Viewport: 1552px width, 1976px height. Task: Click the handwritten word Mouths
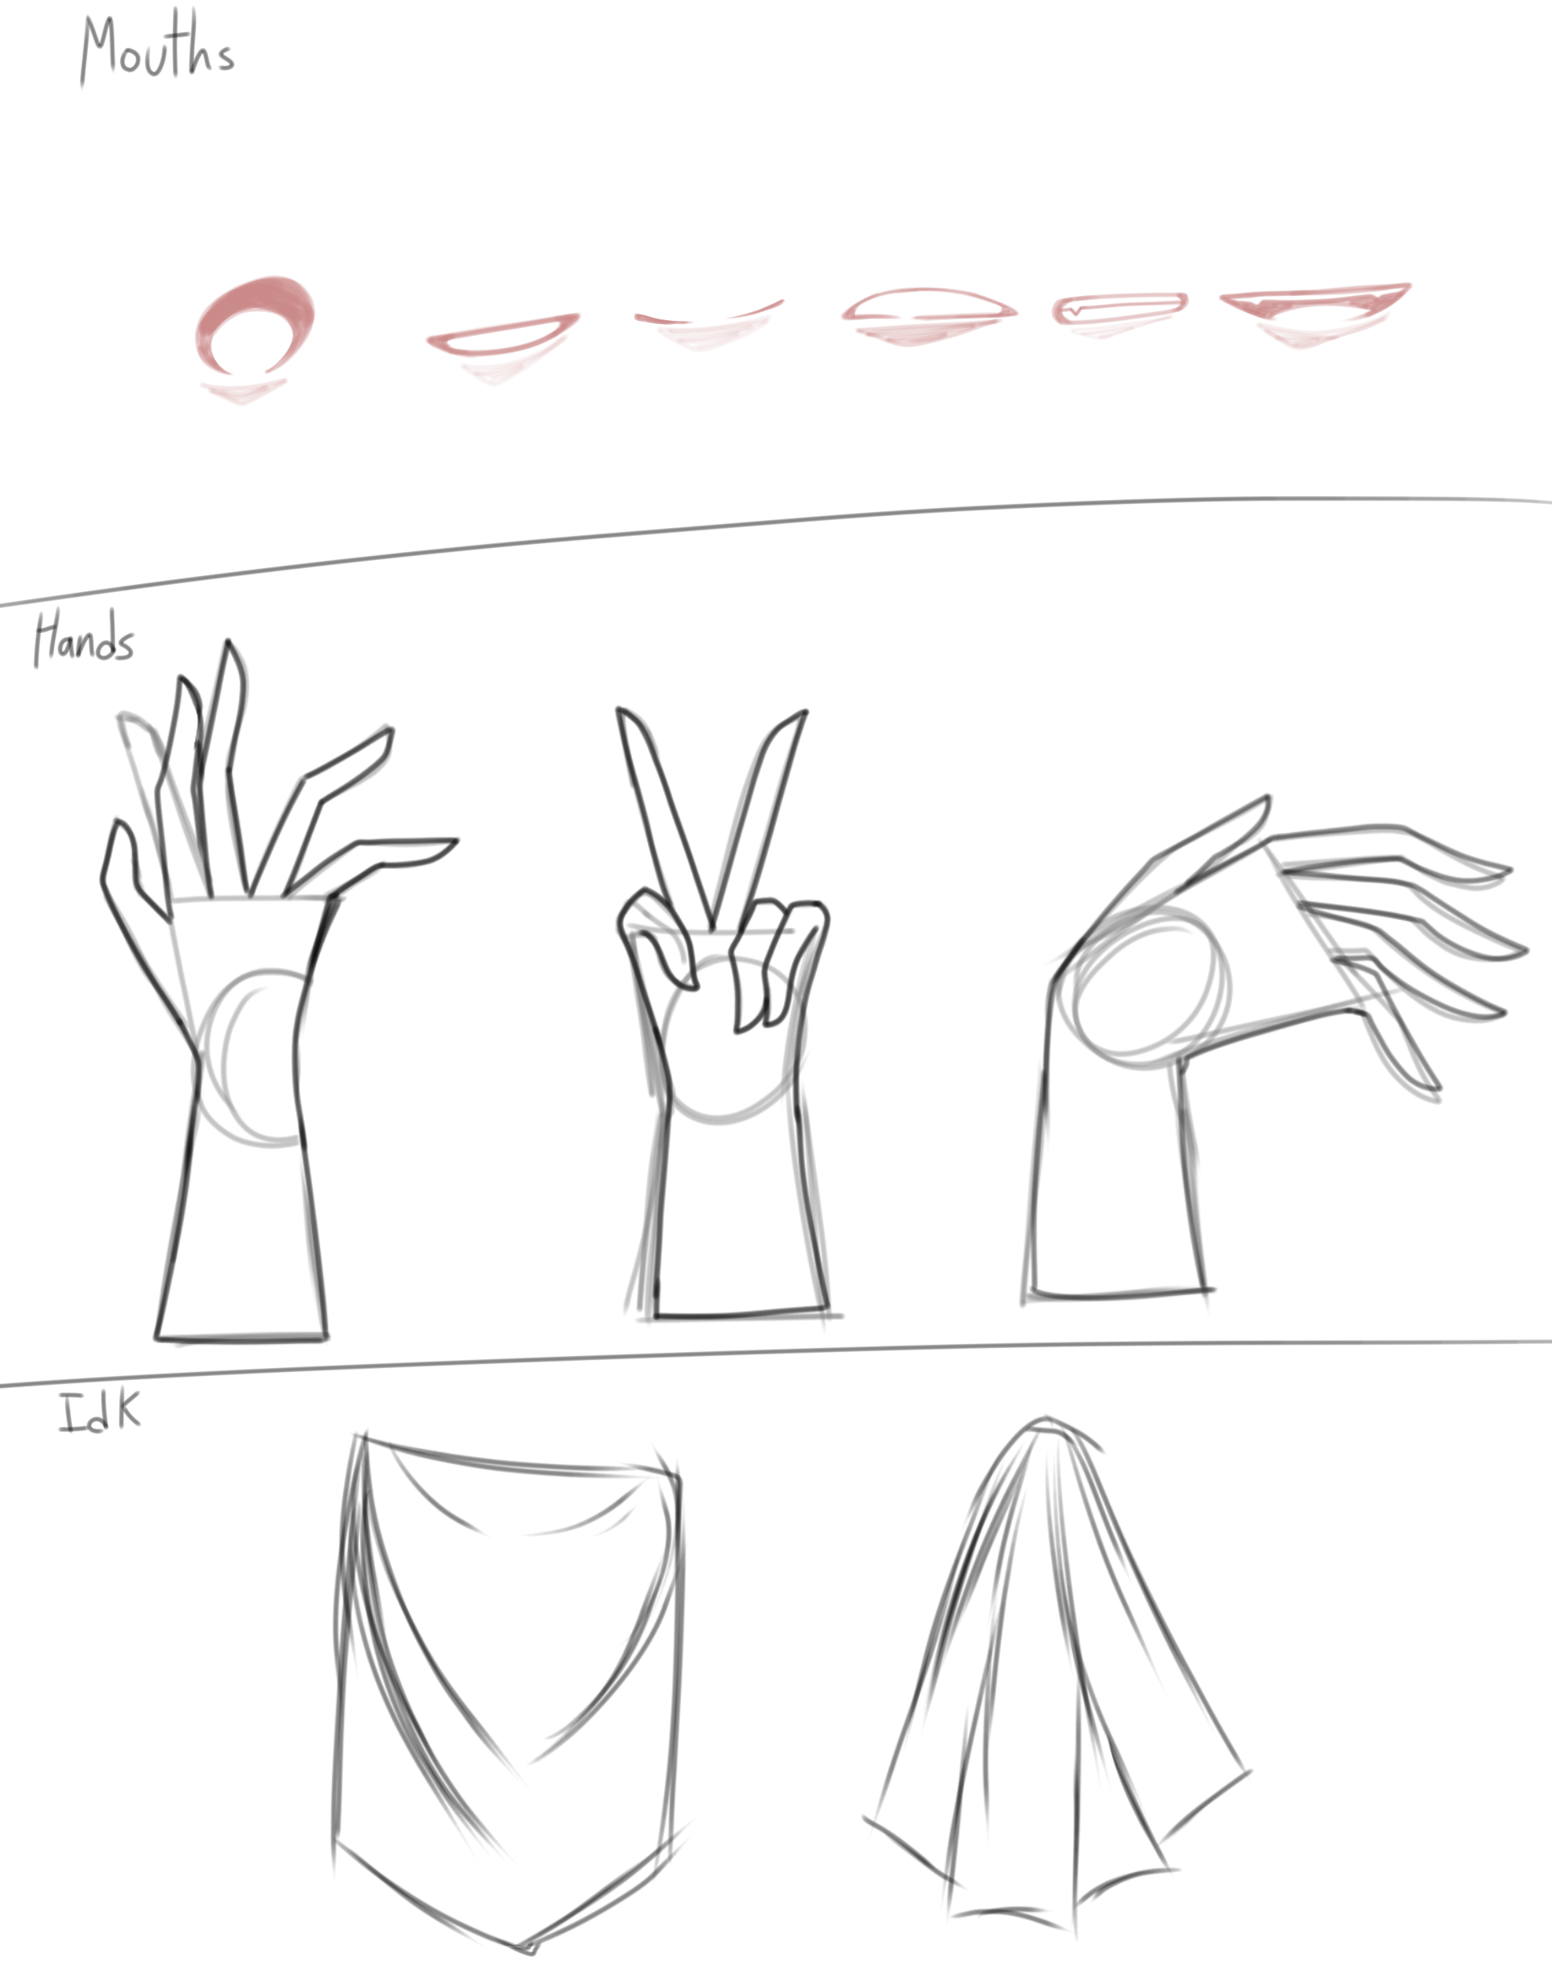point(156,49)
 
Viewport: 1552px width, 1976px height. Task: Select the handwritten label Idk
point(100,1411)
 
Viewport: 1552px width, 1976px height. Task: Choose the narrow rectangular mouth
point(1119,308)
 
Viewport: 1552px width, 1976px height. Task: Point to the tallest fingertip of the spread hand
point(228,642)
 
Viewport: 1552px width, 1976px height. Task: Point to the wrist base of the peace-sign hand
point(742,1314)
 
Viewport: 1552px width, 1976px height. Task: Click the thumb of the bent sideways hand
point(1199,845)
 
